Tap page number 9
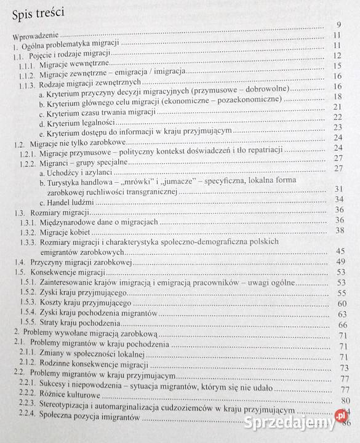pos(338,24)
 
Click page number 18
pos(337,97)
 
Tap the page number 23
pos(337,128)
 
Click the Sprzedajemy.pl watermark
pos(297,423)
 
